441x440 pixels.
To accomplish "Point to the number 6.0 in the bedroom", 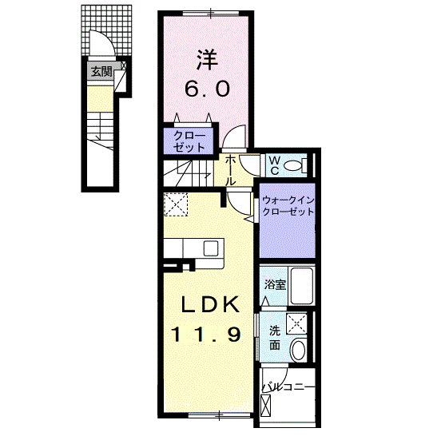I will click(209, 89).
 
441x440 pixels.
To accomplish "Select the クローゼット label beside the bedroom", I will click(189, 141).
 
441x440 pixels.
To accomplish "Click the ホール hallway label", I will click(231, 170).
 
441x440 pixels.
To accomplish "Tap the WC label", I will click(272, 166).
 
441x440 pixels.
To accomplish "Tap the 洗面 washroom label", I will click(273, 338).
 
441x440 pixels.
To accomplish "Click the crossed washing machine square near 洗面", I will click(298, 323).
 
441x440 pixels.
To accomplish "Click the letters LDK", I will click(209, 304).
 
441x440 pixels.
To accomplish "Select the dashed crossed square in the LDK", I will click(176, 205).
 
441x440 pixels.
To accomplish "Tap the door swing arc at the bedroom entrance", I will click(233, 137).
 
